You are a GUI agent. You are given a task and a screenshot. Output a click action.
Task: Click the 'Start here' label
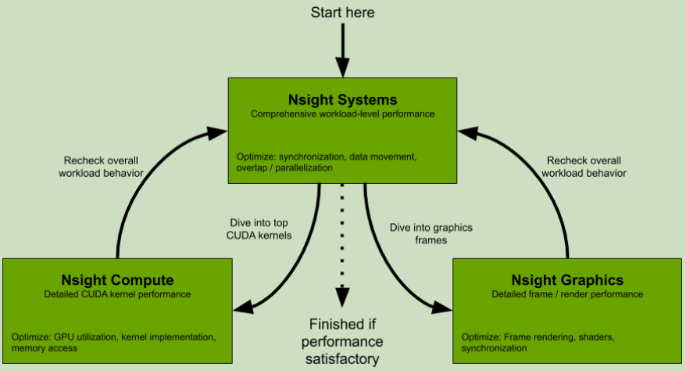342,13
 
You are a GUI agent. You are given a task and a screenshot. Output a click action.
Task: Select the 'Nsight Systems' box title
342,100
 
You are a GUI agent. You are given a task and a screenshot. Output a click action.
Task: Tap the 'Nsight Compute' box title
117,280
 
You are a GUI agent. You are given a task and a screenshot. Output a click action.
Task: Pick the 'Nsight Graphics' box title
567,280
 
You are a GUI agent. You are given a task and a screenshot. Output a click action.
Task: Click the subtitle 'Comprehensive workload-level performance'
342,114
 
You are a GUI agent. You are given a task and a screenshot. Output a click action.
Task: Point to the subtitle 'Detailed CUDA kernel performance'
117,294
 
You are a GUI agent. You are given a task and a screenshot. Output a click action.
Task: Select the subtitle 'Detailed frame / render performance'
567,294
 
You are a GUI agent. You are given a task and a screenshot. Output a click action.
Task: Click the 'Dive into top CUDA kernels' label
259,229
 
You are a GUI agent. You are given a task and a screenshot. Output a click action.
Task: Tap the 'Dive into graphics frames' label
431,234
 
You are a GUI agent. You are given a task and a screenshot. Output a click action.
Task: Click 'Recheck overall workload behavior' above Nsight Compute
101,167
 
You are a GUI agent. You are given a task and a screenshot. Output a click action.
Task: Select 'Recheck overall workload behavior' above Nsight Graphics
584,167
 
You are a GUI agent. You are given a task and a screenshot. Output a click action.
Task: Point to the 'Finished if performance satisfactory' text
342,342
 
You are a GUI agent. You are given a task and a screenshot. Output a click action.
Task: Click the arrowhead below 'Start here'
342,68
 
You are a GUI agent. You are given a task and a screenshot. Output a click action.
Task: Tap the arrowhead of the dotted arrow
342,297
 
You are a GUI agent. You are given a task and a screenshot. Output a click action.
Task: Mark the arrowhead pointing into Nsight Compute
244,307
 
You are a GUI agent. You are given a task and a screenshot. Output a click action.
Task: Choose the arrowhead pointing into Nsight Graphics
441,308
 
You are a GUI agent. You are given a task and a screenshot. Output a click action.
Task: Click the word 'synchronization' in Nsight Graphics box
494,348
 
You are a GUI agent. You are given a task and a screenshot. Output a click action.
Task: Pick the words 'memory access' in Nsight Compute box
45,348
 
